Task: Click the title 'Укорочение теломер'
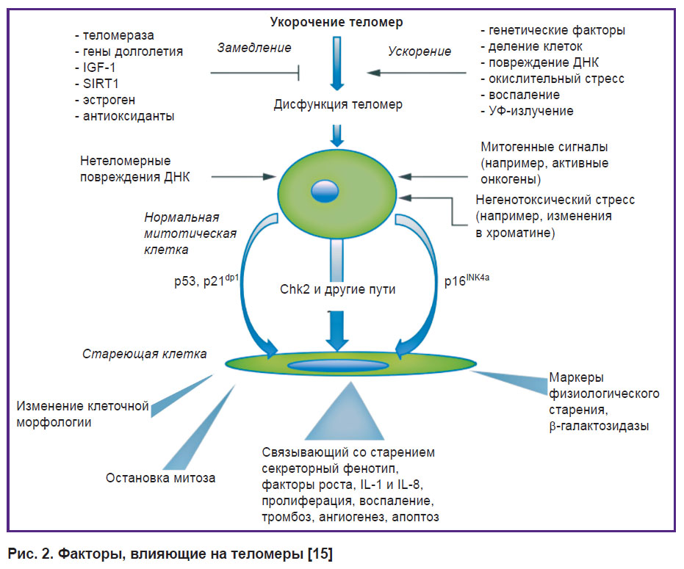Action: [336, 23]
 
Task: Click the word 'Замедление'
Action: [254, 48]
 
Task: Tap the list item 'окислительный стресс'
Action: [552, 79]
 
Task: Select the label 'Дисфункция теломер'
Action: [338, 104]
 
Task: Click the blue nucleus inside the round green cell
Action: [323, 191]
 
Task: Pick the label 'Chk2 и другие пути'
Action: [337, 289]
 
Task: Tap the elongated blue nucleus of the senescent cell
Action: [338, 365]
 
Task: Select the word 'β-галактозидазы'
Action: [599, 425]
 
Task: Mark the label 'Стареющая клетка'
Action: [144, 354]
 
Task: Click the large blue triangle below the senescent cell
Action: [341, 414]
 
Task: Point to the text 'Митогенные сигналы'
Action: [544, 147]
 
